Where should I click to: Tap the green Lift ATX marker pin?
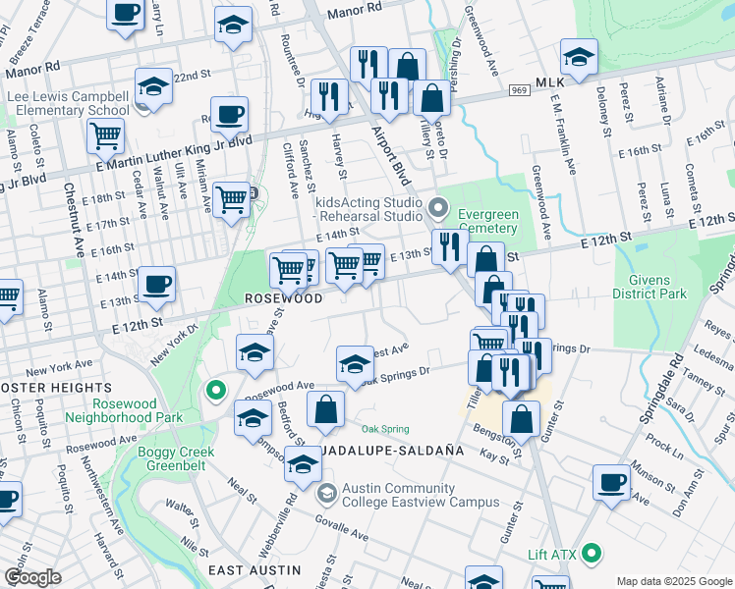coord(591,554)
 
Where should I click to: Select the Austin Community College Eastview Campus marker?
coord(325,492)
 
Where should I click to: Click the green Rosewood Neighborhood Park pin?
coord(215,391)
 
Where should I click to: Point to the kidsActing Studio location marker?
coord(439,208)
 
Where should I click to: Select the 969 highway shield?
coord(519,90)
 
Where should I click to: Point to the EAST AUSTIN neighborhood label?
coord(254,570)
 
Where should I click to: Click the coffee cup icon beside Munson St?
coord(612,483)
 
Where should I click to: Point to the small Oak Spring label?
coord(384,429)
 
